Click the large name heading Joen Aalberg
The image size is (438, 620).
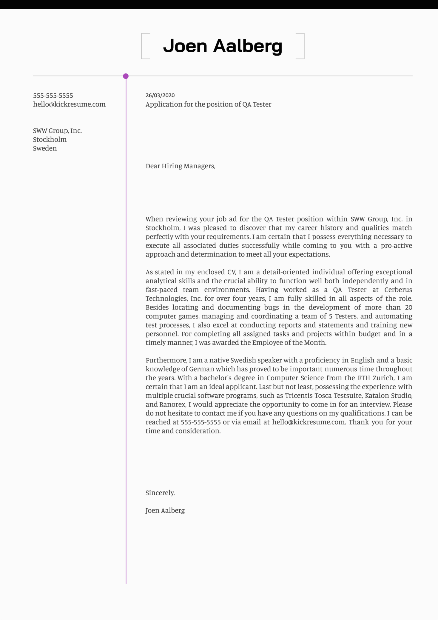pos(223,46)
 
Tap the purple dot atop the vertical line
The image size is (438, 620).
pos(126,76)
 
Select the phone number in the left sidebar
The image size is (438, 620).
pos(53,96)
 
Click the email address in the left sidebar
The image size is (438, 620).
pos(69,104)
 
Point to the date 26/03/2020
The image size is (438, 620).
pos(160,96)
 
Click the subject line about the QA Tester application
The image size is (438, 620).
pos(208,104)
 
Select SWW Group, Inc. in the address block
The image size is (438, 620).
pos(57,131)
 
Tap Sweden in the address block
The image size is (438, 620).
pos(45,148)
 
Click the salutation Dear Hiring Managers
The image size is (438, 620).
pos(180,166)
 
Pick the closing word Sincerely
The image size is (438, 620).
pos(160,493)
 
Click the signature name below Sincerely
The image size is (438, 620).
pos(165,510)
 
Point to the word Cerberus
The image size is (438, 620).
pos(398,290)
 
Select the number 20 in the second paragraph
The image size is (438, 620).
pos(408,307)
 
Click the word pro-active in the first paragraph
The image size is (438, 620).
pos(396,246)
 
